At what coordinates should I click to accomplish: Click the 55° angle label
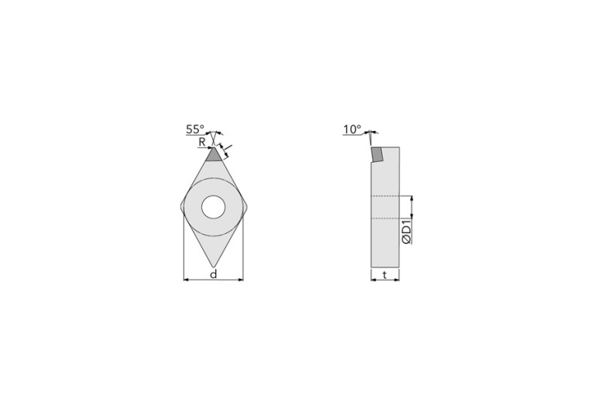(x=194, y=130)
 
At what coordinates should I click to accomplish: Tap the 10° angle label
(x=352, y=130)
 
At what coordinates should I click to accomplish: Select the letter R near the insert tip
(x=201, y=142)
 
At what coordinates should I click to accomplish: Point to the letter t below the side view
(x=385, y=274)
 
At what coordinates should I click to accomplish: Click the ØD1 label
(x=407, y=232)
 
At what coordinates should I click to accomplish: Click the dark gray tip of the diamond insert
(x=213, y=154)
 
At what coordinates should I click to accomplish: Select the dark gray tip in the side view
(x=376, y=155)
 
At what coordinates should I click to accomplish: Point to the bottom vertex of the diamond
(x=213, y=266)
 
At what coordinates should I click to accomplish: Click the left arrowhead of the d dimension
(x=186, y=280)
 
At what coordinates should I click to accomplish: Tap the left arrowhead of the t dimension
(x=373, y=280)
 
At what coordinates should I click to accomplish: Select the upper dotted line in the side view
(x=385, y=196)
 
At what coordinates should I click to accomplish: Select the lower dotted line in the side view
(x=385, y=219)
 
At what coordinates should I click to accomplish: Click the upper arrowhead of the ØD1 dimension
(x=411, y=198)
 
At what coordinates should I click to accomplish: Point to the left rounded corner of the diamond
(x=184, y=207)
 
